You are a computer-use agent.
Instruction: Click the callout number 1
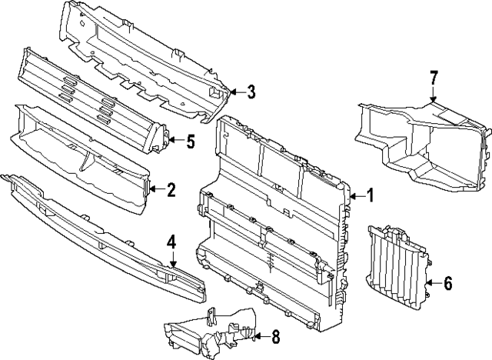pyautogui.click(x=369, y=196)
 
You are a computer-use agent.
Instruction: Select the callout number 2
pyautogui.click(x=171, y=189)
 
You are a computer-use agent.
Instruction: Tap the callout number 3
pyautogui.click(x=251, y=93)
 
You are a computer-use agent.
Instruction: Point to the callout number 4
pyautogui.click(x=172, y=242)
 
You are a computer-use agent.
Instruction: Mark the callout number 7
pyautogui.click(x=434, y=77)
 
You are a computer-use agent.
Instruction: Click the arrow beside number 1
pyautogui.click(x=355, y=196)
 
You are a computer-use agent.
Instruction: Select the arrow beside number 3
pyautogui.click(x=235, y=93)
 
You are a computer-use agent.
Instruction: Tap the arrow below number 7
pyautogui.click(x=434, y=95)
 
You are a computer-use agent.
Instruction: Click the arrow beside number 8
pyautogui.click(x=260, y=336)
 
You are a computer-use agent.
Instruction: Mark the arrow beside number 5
pyautogui.click(x=175, y=141)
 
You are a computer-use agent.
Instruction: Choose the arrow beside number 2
pyautogui.click(x=156, y=189)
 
